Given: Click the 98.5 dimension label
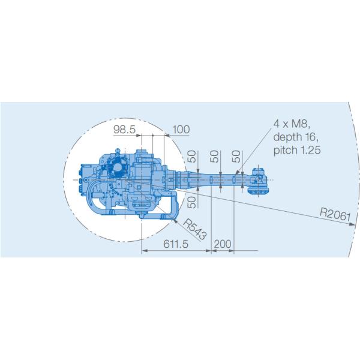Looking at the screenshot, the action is (124, 130).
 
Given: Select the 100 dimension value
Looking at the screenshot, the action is (181, 130).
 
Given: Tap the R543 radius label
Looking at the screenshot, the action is (195, 229).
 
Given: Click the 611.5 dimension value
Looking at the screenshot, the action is (176, 244).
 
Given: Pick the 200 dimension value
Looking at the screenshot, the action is (223, 244).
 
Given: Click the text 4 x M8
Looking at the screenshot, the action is (292, 124).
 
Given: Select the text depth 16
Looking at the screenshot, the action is (296, 137).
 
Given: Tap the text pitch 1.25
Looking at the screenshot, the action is (297, 151).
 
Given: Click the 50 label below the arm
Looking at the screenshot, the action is (192, 202).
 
